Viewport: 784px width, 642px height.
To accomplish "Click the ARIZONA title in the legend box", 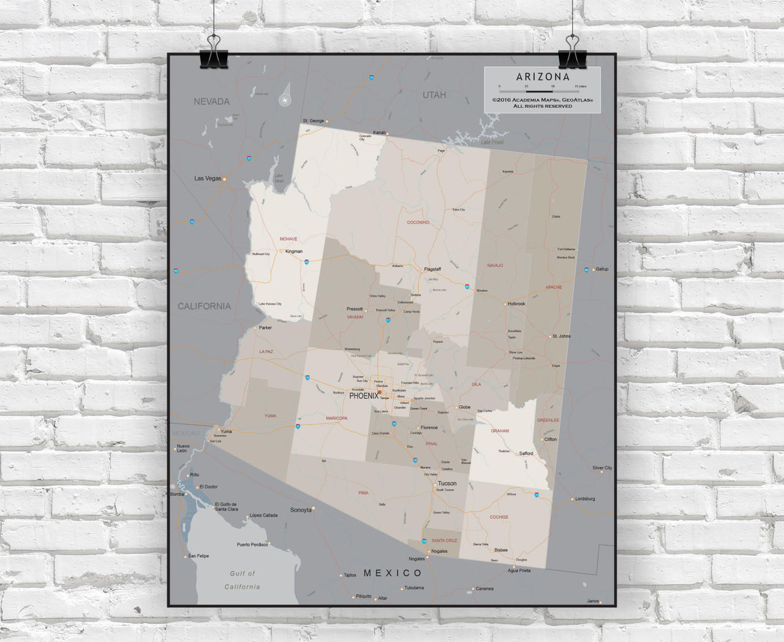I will (543, 77).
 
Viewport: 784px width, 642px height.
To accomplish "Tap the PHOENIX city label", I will (364, 396).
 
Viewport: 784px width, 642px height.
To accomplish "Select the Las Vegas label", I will (208, 179).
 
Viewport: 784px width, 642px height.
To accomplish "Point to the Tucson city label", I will (447, 483).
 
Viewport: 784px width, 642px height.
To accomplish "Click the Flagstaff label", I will (432, 269).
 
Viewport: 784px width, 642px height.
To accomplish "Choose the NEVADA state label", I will (211, 102).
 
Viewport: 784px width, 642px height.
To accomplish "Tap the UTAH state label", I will (434, 95).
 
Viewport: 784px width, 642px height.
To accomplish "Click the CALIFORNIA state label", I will (204, 306).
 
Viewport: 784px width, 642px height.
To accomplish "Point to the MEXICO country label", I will (393, 573).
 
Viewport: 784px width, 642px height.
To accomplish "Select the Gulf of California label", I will (242, 580).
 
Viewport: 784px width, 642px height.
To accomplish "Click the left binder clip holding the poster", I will (214, 52).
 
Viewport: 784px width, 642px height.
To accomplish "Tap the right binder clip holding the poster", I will (572, 52).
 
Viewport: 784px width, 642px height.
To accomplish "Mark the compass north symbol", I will (285, 100).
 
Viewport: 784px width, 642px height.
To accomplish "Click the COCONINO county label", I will (418, 222).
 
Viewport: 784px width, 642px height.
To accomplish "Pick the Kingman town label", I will (294, 252).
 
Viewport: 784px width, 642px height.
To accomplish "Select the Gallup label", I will (601, 269).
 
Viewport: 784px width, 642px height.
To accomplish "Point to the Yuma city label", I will (226, 431).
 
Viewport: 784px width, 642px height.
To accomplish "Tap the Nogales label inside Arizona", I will (439, 551).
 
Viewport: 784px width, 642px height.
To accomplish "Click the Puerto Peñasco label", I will (252, 545).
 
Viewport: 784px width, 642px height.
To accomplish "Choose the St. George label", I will (313, 121).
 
